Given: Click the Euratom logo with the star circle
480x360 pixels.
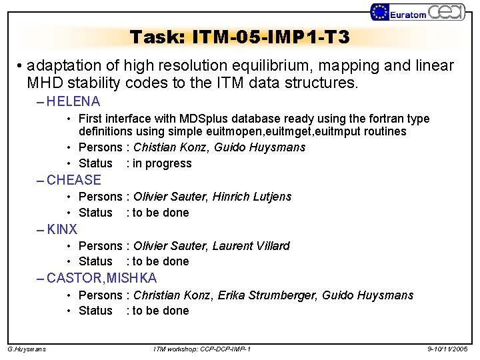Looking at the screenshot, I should point(399,12).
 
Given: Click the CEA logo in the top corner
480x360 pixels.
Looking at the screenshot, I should point(445,11).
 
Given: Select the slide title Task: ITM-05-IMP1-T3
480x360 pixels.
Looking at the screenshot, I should point(239,37).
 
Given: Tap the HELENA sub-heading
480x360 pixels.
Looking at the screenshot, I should point(73,102).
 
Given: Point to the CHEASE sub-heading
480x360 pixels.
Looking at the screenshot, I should point(74,180).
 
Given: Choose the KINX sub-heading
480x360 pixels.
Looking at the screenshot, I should point(62,229).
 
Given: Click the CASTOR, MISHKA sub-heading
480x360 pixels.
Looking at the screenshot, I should point(102,278).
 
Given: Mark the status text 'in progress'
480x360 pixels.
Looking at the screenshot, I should point(162,163).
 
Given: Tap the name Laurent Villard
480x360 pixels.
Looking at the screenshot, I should point(251,246).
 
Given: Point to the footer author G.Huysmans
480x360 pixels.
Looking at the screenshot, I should point(27,349).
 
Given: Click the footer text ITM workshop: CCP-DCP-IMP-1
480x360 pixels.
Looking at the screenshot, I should point(202,349).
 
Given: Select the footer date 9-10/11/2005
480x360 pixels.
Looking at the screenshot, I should point(448,349).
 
